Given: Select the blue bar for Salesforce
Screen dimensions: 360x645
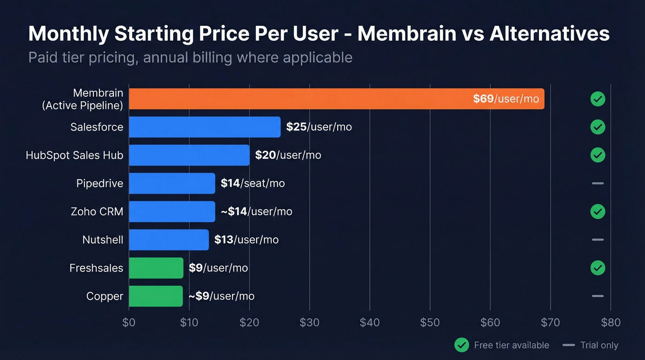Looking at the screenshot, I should [x=205, y=127].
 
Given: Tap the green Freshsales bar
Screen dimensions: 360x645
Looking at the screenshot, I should [x=156, y=268].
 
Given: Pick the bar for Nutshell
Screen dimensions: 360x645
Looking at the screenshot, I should [x=169, y=240].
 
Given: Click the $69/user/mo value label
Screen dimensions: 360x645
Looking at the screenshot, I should [x=505, y=99].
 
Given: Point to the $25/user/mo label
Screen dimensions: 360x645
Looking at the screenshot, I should [x=319, y=127].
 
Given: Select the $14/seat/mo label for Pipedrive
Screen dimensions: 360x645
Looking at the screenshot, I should [x=252, y=183].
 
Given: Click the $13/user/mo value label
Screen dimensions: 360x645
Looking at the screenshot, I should [x=246, y=240].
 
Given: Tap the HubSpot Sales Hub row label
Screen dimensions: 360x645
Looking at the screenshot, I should [x=75, y=155].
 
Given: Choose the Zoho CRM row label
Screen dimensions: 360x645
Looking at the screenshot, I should [x=97, y=212].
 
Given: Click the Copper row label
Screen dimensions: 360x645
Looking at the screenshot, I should [x=105, y=296].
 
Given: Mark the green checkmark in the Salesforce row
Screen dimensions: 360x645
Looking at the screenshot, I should [x=598, y=127].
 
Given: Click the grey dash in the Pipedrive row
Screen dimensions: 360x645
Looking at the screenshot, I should [x=598, y=183].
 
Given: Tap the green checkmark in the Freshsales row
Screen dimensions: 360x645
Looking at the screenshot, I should [x=598, y=268].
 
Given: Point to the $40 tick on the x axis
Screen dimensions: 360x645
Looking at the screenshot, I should [x=369, y=322].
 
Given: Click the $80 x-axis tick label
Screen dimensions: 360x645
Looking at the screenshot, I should [x=610, y=322].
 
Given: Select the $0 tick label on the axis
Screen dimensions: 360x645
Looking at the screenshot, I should [x=129, y=322].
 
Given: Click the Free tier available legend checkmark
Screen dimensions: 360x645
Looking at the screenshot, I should [x=462, y=345].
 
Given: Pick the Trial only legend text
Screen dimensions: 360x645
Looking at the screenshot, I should [x=599, y=345].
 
